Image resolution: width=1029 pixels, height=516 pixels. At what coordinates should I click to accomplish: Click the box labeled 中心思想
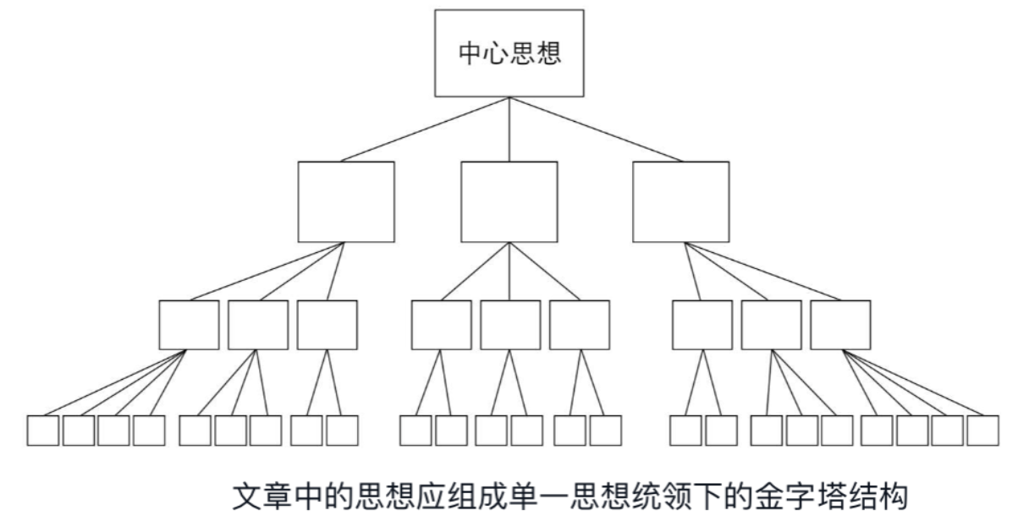[509, 53]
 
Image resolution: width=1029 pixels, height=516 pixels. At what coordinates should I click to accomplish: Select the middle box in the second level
[509, 201]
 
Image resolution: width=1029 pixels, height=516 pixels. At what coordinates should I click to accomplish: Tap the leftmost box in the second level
[346, 201]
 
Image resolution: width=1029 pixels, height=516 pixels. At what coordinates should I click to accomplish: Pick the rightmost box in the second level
[680, 201]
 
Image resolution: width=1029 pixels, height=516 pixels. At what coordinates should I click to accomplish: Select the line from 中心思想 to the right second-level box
[595, 129]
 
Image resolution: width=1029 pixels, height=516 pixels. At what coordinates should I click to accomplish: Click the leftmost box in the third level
[189, 326]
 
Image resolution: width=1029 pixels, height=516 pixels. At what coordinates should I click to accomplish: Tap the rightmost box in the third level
[840, 326]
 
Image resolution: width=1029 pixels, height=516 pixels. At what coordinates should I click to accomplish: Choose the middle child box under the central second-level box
[510, 326]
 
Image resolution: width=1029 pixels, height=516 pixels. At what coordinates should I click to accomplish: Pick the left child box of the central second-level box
[441, 326]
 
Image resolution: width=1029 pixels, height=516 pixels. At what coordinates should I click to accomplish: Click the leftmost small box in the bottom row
[43, 431]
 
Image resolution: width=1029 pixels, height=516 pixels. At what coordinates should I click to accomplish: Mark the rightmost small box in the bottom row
[983, 431]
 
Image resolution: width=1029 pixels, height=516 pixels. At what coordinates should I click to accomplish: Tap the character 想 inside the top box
[550, 53]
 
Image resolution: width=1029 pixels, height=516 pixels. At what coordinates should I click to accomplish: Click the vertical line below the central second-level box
[509, 271]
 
